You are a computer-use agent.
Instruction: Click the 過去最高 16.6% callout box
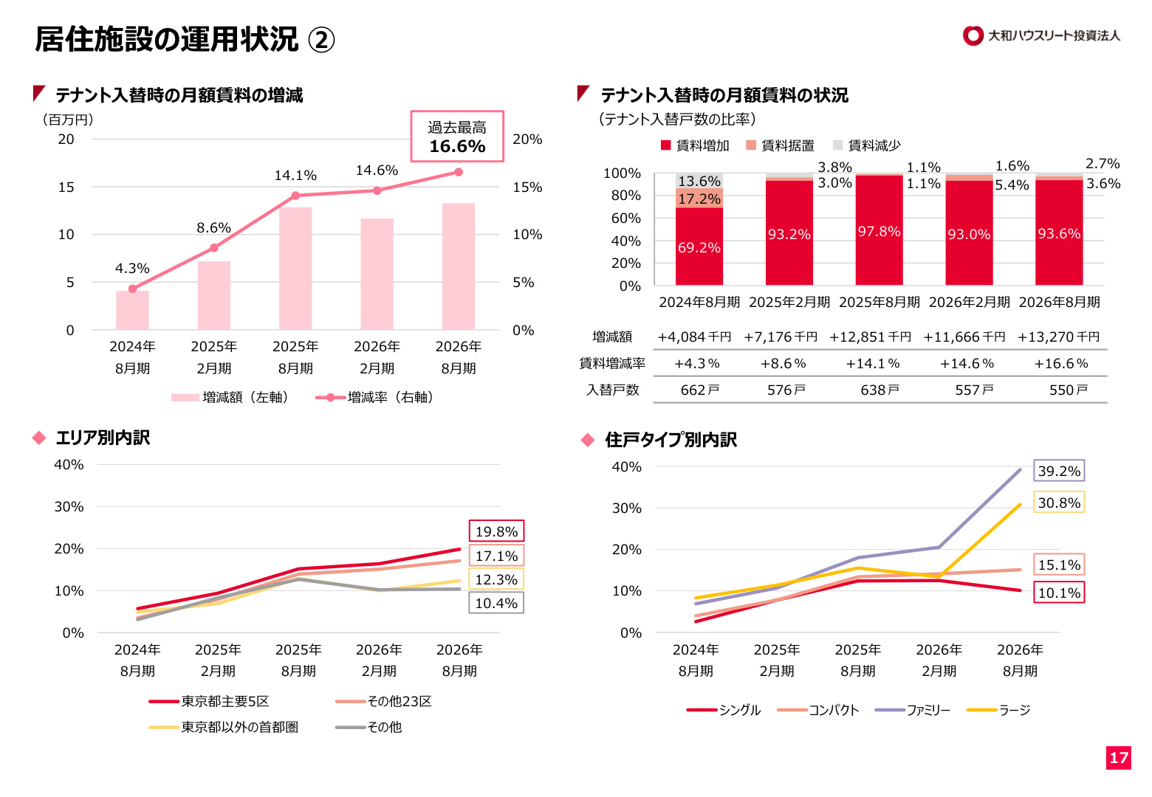pos(456,137)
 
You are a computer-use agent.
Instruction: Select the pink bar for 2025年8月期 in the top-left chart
pos(295,268)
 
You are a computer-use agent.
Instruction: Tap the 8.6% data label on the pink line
pos(213,227)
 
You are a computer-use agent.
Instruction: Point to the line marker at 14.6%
pos(377,190)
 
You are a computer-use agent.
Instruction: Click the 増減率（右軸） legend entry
pos(375,397)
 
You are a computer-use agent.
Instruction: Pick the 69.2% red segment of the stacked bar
pos(699,246)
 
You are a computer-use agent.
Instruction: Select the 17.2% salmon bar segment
pos(699,199)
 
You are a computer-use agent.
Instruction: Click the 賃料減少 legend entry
pos(866,145)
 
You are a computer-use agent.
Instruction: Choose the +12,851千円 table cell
pos(870,337)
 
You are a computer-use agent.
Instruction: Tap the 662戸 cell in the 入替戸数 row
pos(699,390)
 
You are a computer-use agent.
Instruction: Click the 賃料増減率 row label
pos(612,363)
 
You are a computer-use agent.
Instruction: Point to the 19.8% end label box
pos(496,531)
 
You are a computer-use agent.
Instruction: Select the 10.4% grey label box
pos(496,603)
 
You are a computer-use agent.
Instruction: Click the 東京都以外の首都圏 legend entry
pos(224,727)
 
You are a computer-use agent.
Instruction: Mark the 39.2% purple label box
pos(1059,471)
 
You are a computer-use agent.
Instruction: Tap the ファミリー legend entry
pos(913,710)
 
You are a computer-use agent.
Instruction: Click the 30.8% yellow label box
pos(1059,503)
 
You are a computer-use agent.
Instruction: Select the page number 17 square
pos(1119,758)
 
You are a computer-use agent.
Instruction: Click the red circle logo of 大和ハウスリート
pos(973,35)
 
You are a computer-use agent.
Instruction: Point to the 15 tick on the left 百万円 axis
pos(66,187)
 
